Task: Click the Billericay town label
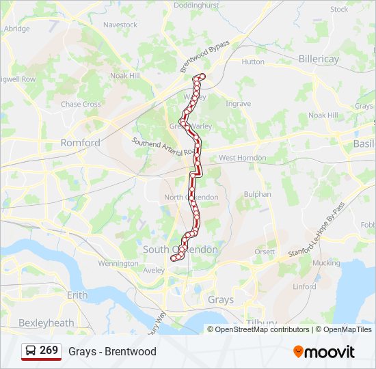(x=319, y=59)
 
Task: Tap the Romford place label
(x=80, y=143)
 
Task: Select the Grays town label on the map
(x=220, y=299)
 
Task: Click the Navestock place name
(x=120, y=25)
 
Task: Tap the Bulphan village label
(x=257, y=194)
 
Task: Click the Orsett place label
(x=265, y=251)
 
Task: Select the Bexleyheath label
(x=46, y=322)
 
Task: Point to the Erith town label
(x=77, y=295)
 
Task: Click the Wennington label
(x=118, y=263)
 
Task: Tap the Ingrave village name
(x=239, y=104)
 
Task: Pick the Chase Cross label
(x=81, y=105)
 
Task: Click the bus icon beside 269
(x=31, y=351)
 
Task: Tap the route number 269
(x=49, y=351)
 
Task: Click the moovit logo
(x=324, y=352)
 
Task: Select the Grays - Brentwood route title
(x=112, y=352)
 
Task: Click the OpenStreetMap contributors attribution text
(x=262, y=329)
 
